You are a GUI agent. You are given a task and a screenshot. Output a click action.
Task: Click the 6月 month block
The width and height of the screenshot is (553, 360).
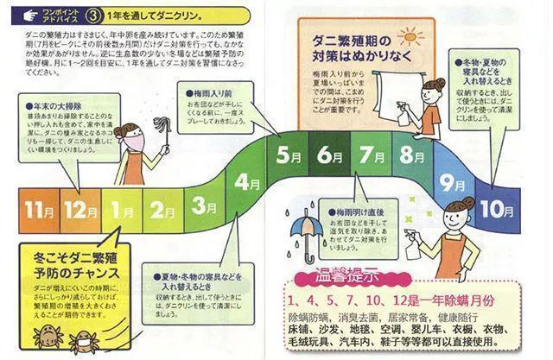point(329,156)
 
